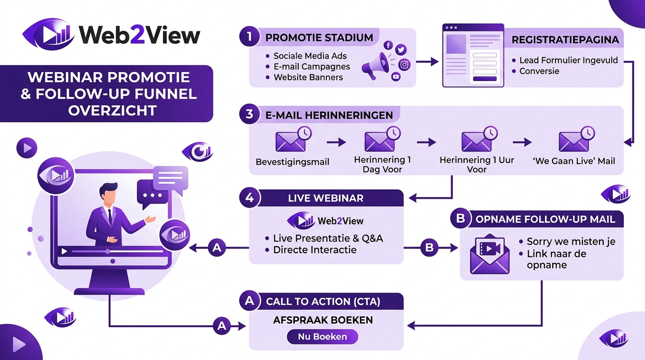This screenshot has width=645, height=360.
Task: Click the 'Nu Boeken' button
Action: pos(322,337)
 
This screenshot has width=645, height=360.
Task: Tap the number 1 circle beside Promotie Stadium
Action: pos(249,37)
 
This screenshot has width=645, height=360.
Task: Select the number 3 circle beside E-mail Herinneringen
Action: pos(249,115)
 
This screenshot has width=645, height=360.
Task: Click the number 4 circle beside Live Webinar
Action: pos(249,198)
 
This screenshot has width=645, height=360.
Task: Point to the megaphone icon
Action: pos(376,66)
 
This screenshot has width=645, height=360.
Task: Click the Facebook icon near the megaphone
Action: pos(388,45)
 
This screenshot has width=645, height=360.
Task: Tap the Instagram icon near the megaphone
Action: pos(404,65)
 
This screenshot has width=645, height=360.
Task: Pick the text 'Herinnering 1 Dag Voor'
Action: pos(382,165)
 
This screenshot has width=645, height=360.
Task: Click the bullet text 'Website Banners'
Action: pos(308,77)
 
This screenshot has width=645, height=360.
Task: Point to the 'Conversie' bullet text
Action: pos(539,71)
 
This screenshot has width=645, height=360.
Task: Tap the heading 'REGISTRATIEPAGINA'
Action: pos(565,40)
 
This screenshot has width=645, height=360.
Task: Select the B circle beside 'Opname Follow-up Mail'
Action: pos(460,219)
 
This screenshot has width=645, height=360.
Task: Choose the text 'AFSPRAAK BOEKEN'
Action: pos(323,320)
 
